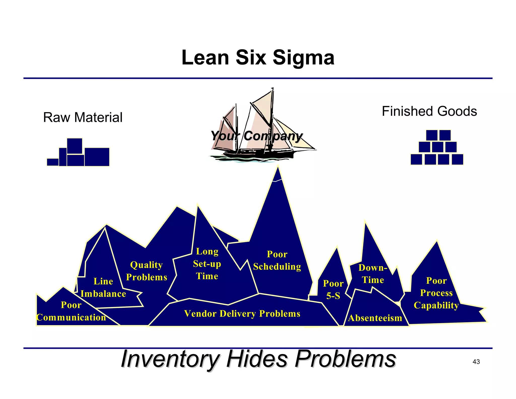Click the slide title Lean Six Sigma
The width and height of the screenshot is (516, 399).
click(x=258, y=58)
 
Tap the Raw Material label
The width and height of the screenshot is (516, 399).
click(x=83, y=117)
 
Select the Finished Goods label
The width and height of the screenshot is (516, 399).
click(x=429, y=111)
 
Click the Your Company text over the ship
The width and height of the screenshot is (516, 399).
click(x=256, y=136)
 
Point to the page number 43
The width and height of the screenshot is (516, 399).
click(x=476, y=362)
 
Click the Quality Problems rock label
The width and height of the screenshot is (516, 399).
click(x=146, y=271)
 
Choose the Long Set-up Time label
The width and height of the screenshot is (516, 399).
click(x=207, y=264)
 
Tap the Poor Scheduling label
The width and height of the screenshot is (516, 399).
click(x=277, y=260)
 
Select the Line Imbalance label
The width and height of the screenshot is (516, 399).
click(x=103, y=288)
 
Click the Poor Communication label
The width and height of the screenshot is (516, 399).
click(x=71, y=311)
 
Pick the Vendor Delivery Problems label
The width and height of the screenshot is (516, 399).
click(x=242, y=313)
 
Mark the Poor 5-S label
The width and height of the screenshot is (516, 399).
click(x=333, y=290)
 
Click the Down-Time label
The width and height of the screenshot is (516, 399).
click(x=373, y=274)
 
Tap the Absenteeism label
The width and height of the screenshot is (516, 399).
click(x=375, y=318)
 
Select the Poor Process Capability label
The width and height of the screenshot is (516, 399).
click(x=436, y=293)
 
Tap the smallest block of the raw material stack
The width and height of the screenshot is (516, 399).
click(x=53, y=162)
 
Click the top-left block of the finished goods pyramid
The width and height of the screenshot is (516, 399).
click(x=432, y=135)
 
